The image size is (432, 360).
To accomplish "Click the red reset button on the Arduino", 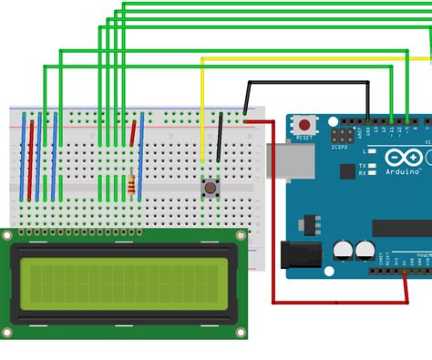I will tap(303, 124).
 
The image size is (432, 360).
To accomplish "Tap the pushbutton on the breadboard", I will tap(210, 189).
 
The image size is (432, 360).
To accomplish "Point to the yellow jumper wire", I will tap(202, 109).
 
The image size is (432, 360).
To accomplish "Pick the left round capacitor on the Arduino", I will tap(343, 250).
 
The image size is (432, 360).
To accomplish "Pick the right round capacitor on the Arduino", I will tap(365, 250).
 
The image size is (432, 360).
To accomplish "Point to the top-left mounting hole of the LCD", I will tap(7, 236).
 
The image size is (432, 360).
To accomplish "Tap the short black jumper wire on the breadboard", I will tap(219, 137).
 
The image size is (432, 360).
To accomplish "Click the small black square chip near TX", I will tap(347, 170).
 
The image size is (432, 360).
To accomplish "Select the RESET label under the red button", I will tap(303, 137).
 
